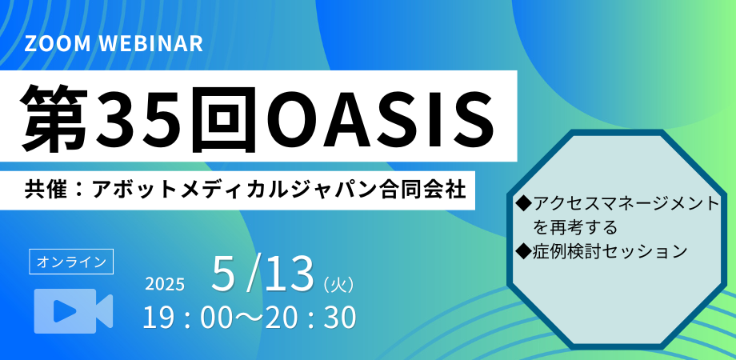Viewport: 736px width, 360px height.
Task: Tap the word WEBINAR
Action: pyautogui.click(x=151, y=44)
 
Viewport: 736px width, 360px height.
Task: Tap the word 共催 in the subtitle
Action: pyautogui.click(x=45, y=190)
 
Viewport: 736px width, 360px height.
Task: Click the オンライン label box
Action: pyautogui.click(x=71, y=262)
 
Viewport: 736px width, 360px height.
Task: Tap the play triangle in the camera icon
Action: pyautogui.click(x=66, y=310)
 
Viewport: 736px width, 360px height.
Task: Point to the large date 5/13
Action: pyautogui.click(x=262, y=273)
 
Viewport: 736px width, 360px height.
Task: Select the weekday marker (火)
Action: pyautogui.click(x=338, y=285)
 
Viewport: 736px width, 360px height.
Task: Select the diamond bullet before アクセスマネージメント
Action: pyautogui.click(x=523, y=204)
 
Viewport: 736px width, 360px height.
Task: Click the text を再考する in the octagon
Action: pyautogui.click(x=574, y=228)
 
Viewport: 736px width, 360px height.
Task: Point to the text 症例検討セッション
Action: pyautogui.click(x=610, y=251)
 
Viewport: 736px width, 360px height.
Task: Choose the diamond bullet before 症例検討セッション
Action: pyautogui.click(x=523, y=251)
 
